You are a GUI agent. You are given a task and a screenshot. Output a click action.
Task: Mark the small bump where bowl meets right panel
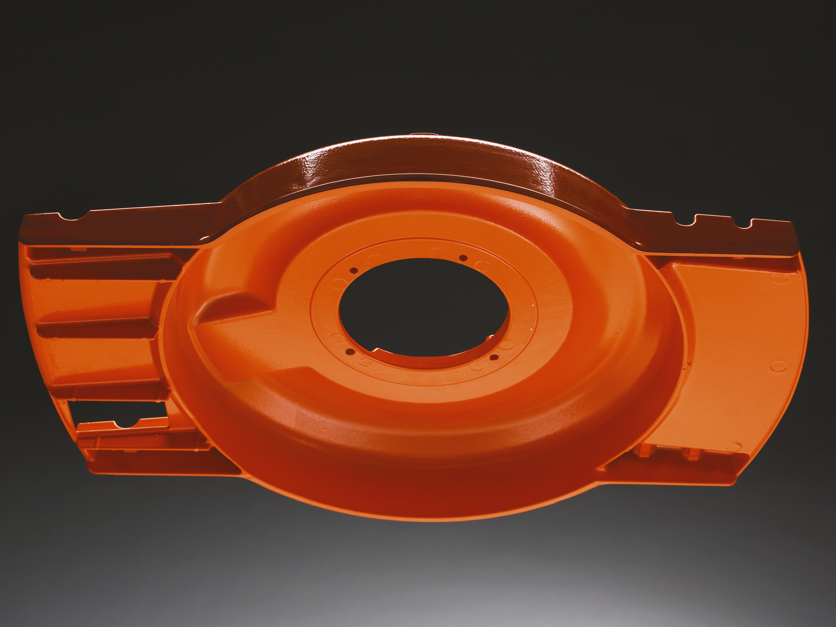pos(689,365)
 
